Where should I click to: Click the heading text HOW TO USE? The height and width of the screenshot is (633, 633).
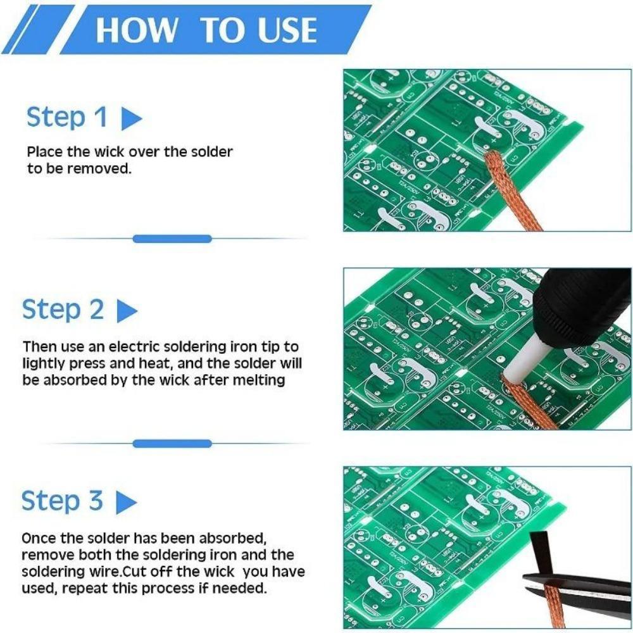(x=206, y=30)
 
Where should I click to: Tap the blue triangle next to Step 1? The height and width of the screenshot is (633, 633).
(x=130, y=119)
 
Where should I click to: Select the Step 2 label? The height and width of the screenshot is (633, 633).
(x=63, y=310)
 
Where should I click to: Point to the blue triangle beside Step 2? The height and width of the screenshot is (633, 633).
(x=127, y=311)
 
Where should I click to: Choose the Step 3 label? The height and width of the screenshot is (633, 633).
(x=62, y=501)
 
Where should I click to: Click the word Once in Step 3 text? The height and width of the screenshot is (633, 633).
(x=37, y=538)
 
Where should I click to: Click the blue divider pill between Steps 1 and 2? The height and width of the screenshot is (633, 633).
(x=172, y=239)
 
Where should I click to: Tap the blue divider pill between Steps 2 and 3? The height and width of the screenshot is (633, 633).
(x=172, y=444)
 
